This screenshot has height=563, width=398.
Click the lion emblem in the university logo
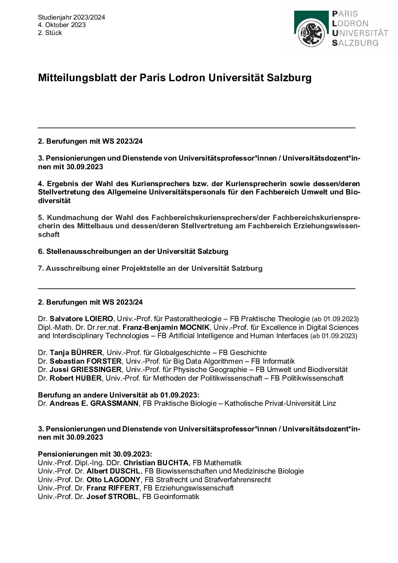point(311,33)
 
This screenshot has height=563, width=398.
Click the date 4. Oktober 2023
point(62,25)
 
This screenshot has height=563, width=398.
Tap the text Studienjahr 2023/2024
point(71,17)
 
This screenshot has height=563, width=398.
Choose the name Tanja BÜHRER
point(76,353)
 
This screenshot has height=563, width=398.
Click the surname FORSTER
point(102,361)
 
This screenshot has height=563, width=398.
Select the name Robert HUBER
point(76,378)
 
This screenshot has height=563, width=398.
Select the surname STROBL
point(124,497)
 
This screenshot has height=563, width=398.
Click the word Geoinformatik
point(176,497)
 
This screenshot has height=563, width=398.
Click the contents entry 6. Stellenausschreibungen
point(133,251)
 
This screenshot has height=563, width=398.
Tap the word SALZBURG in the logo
point(355,42)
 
